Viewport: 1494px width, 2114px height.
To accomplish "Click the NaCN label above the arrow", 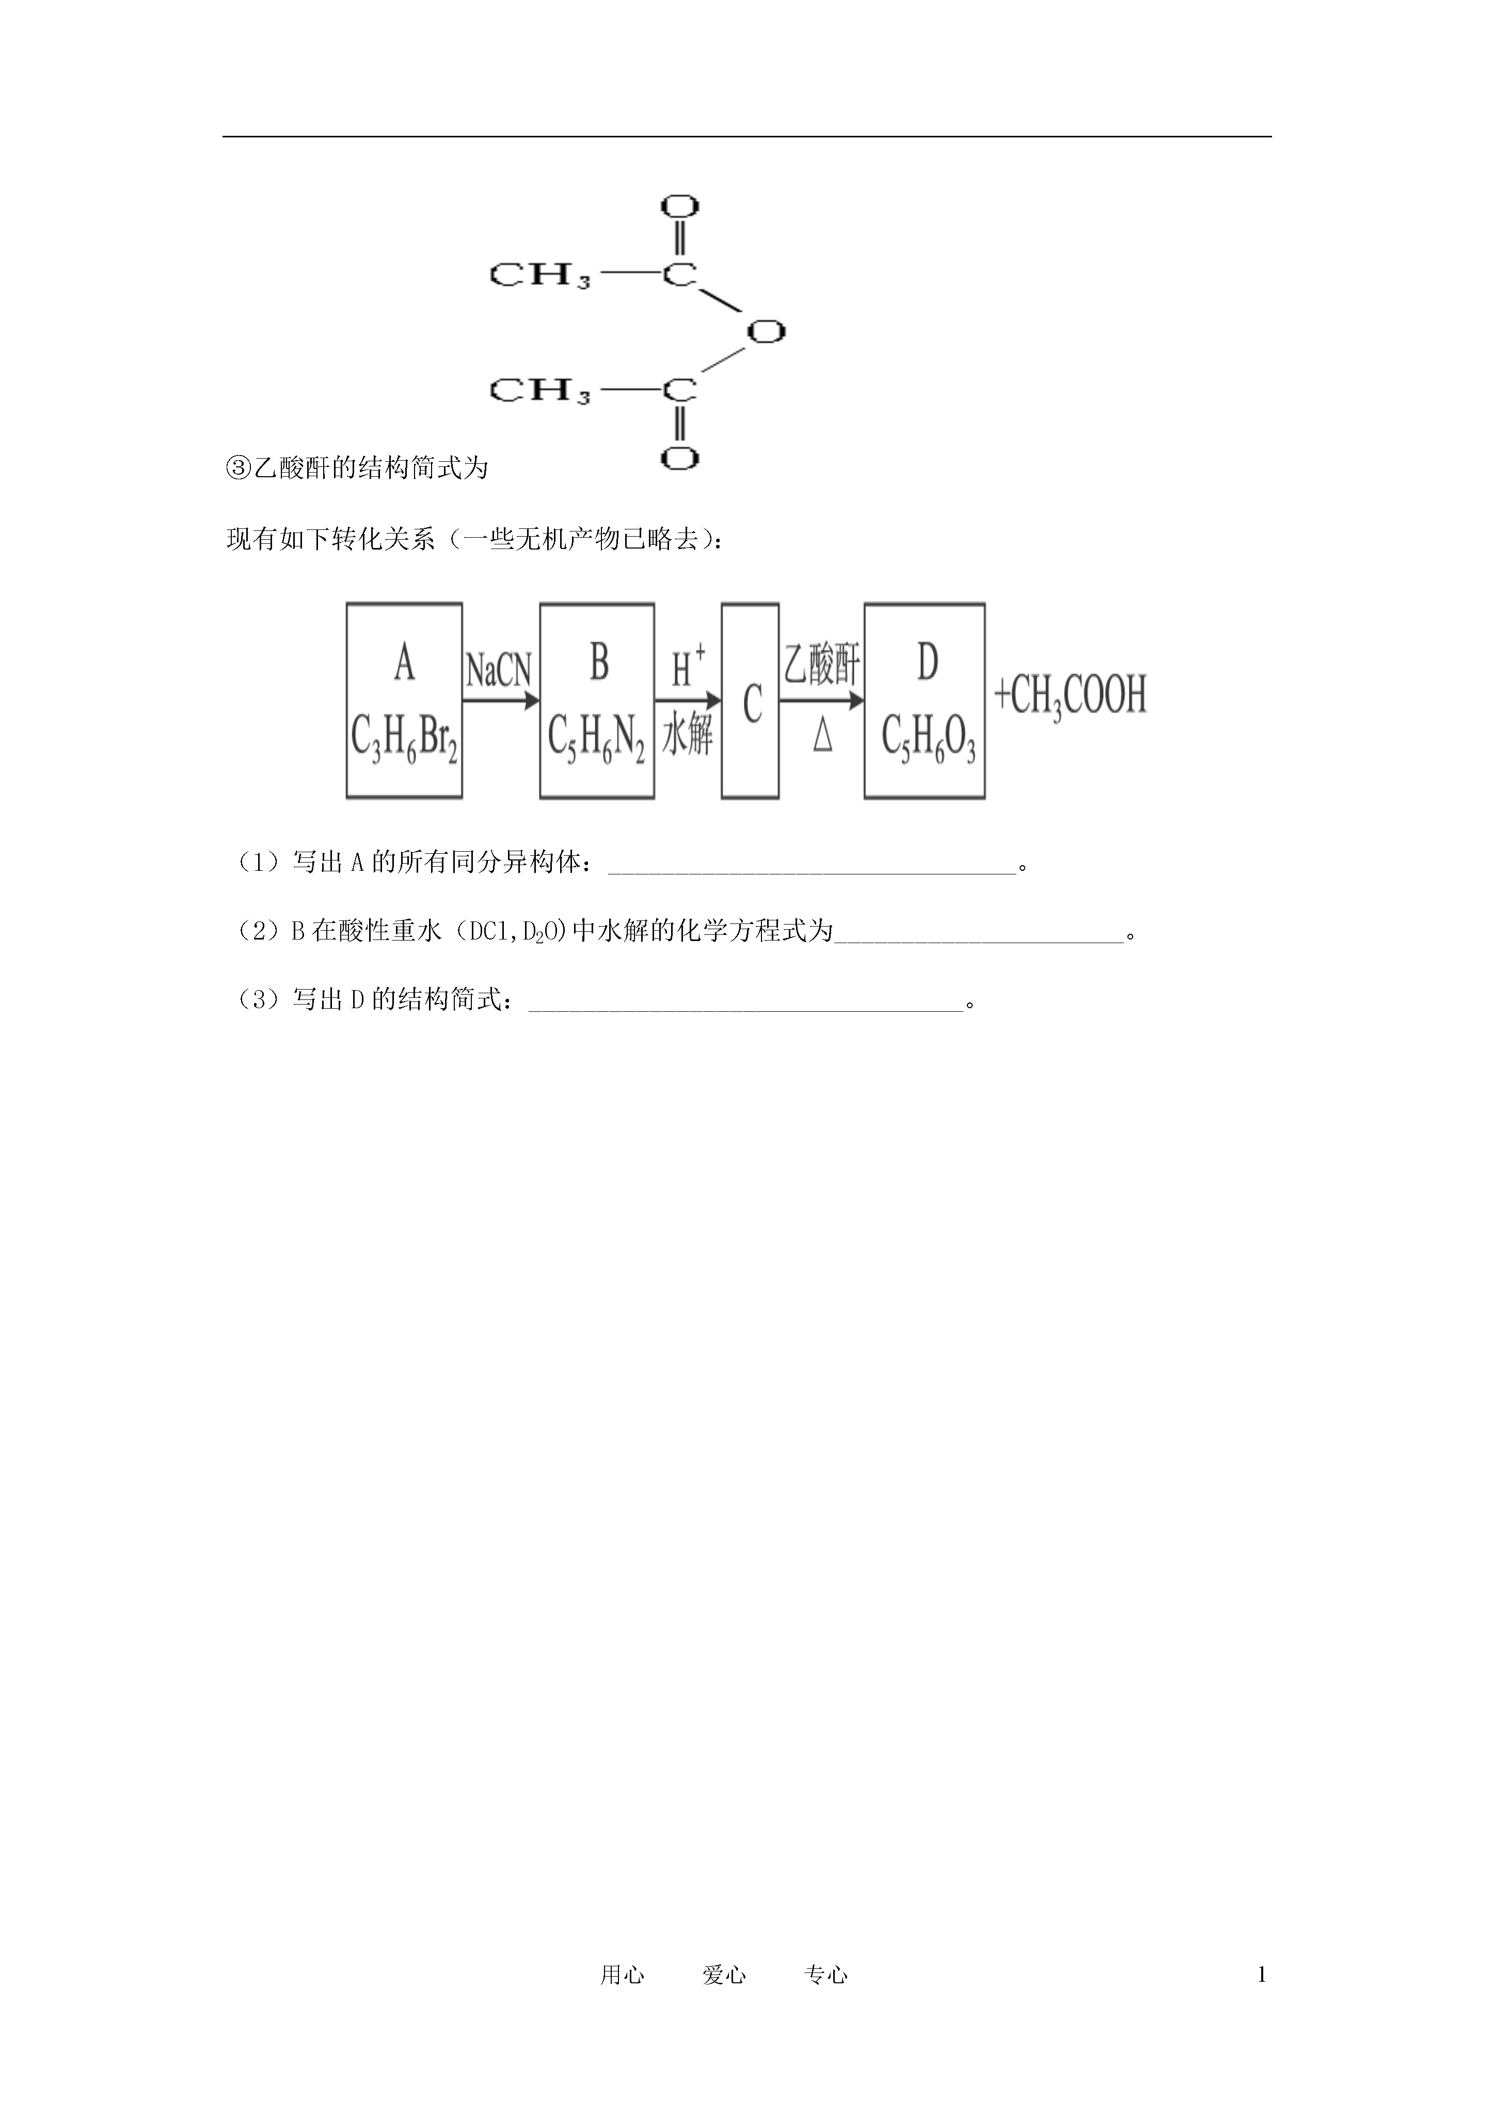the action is click(x=499, y=669).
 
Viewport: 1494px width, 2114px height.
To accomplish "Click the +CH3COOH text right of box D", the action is click(x=1071, y=696).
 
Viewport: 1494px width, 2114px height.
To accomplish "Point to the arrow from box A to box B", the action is click(x=501, y=701).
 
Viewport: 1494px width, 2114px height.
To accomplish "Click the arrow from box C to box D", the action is click(x=822, y=701).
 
